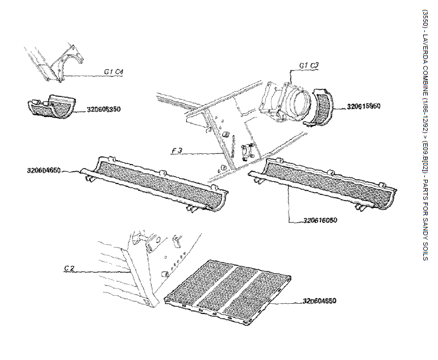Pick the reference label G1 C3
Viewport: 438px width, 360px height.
[308, 66]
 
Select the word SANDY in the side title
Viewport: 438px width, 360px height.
[426, 229]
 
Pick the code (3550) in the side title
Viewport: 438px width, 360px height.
[426, 18]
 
